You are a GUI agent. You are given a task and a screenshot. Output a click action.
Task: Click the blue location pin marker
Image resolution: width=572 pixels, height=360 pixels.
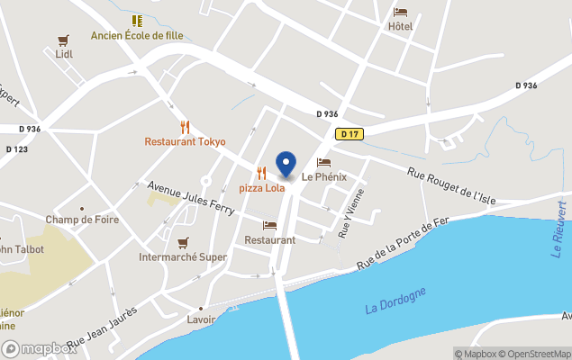click(286, 165)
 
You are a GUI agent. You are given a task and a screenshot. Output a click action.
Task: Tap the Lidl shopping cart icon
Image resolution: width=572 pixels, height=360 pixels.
click(63, 40)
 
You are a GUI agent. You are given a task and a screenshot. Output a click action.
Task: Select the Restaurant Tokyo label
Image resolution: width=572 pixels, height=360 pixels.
click(185, 141)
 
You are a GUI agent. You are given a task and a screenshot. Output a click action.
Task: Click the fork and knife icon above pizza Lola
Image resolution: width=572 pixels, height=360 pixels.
click(261, 173)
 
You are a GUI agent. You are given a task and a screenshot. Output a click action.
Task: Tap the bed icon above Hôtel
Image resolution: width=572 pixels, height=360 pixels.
click(400, 13)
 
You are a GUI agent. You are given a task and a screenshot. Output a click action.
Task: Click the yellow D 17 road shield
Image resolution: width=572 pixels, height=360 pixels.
click(350, 134)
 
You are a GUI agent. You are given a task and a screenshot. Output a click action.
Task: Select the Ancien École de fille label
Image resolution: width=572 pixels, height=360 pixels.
click(137, 35)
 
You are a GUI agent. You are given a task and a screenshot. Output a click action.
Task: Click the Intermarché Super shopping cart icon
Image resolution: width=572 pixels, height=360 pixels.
click(183, 242)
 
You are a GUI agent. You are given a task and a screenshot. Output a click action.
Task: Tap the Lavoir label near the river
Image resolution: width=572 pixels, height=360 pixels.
click(201, 319)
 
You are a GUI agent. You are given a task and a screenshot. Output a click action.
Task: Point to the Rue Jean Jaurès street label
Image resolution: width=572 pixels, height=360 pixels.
click(103, 328)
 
